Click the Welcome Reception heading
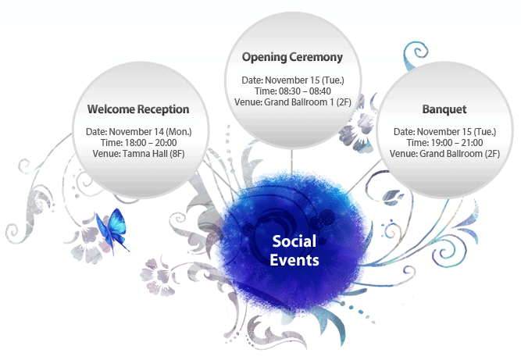138,109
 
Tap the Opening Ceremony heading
292,57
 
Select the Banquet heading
444,109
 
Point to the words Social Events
294,251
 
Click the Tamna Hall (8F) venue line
138,154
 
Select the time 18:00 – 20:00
138,143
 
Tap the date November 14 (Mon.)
138,132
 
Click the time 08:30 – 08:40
293,91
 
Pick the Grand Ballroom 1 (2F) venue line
293,102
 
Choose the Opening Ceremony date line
293,80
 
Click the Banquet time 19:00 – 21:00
444,143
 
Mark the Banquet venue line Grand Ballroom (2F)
444,154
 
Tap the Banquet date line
444,132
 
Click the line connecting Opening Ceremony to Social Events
291,163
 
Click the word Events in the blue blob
294,260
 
